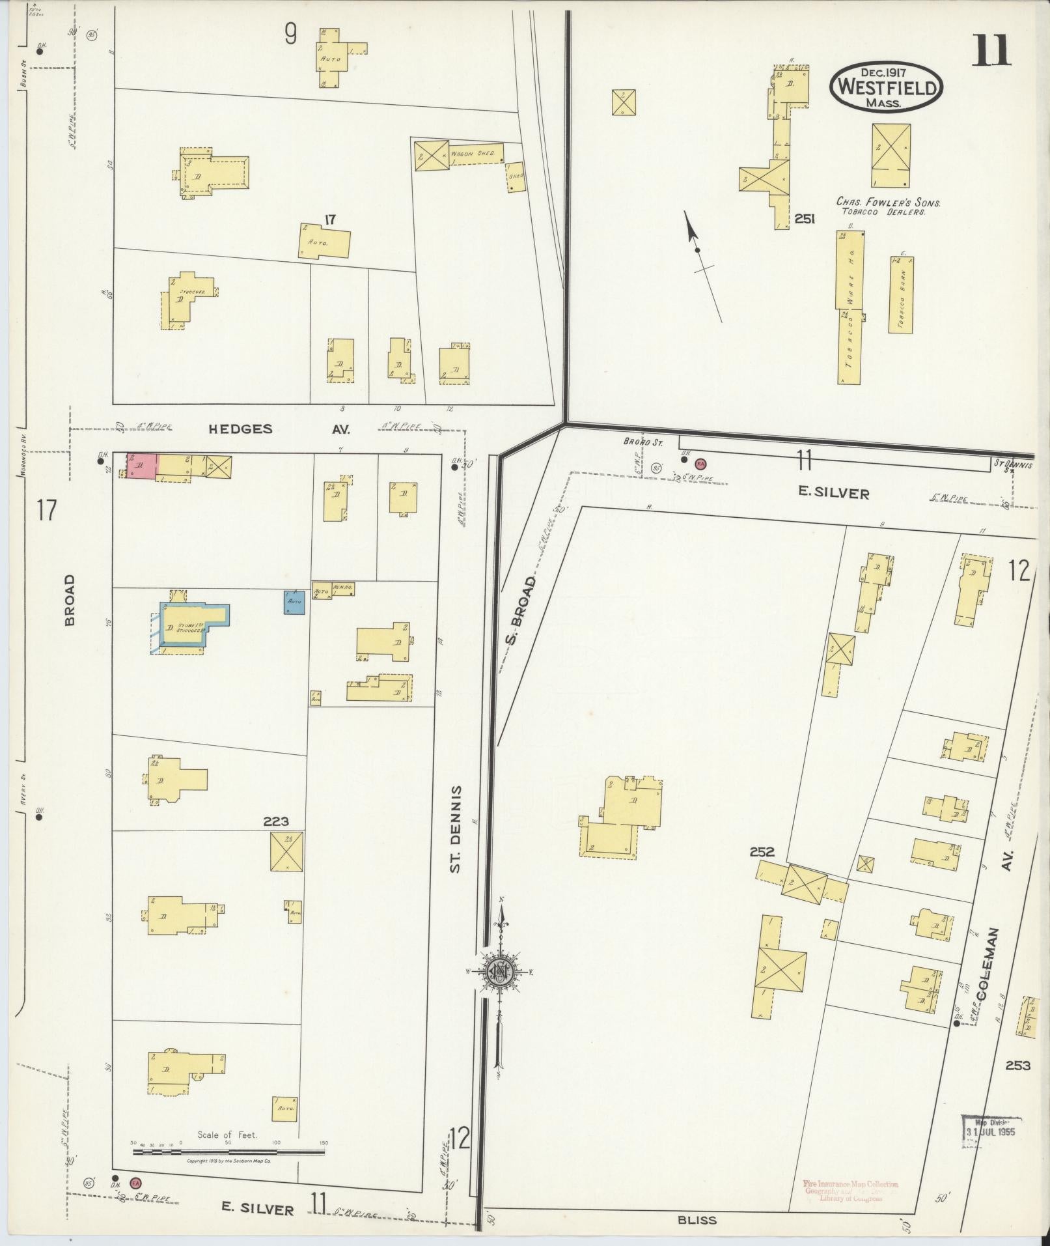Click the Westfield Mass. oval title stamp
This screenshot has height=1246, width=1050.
[x=886, y=87]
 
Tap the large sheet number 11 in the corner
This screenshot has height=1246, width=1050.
[x=992, y=51]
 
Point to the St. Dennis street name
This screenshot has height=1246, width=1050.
[x=456, y=828]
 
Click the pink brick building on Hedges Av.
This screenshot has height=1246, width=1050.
[x=143, y=466]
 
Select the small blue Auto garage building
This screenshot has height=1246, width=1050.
[x=294, y=602]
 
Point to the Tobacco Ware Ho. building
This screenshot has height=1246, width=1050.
[x=850, y=306]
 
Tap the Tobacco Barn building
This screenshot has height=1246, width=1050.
[x=900, y=294]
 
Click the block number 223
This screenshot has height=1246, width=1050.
[x=276, y=821]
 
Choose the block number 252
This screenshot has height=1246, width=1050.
[x=762, y=851]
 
